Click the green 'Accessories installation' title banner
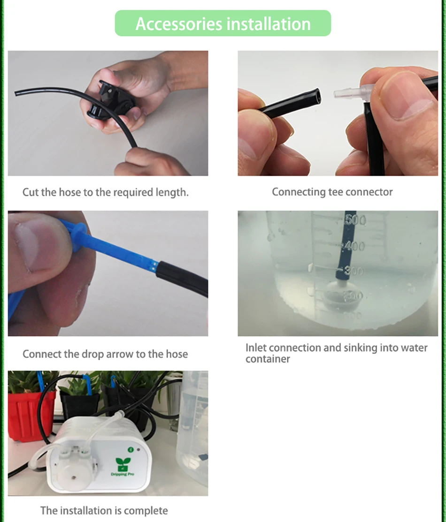click(223, 23)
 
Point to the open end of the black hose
click(317, 97)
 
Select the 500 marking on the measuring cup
click(355, 220)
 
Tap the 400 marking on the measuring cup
click(354, 246)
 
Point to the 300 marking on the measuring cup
click(354, 271)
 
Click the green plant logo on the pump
click(123, 463)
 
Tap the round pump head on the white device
click(73, 472)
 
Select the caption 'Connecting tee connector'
click(332, 192)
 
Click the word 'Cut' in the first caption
click(31, 192)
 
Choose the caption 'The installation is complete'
click(104, 510)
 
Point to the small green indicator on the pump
click(131, 450)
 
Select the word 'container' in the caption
click(268, 359)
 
